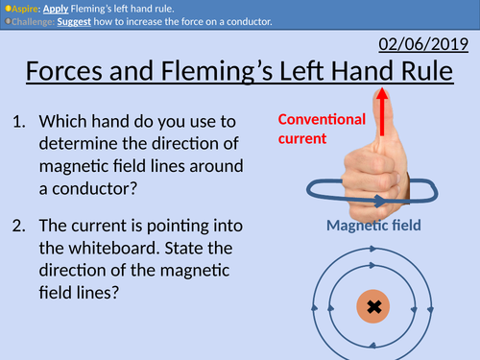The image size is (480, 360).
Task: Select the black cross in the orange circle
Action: [373, 308]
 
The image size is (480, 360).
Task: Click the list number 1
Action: [21, 123]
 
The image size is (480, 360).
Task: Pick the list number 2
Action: [21, 226]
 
